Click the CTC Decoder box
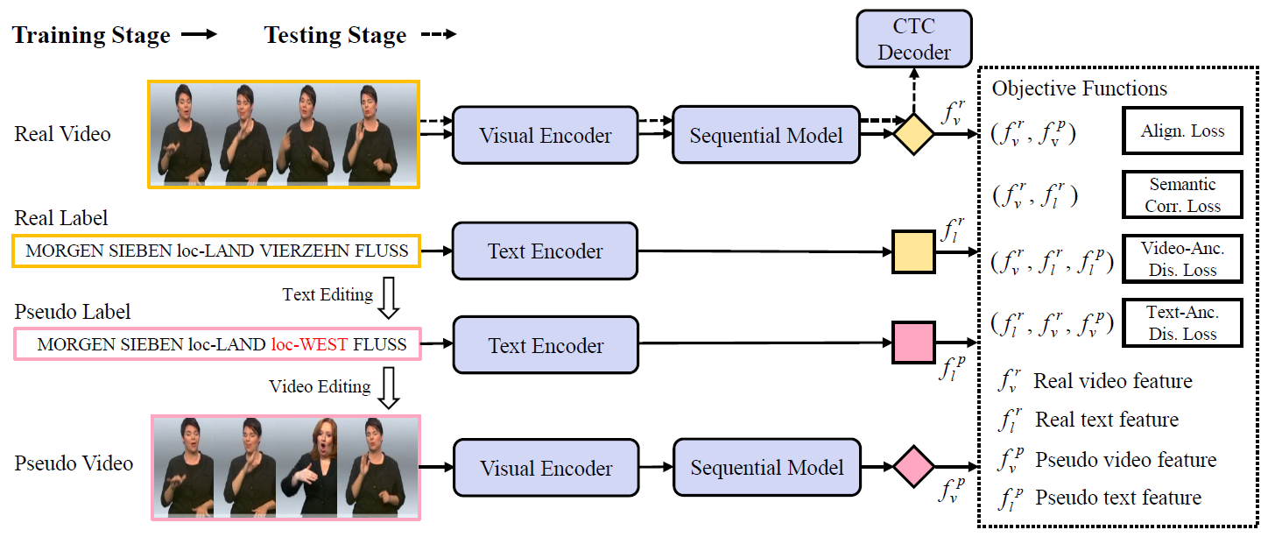[x=913, y=39]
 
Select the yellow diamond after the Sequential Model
[x=913, y=135]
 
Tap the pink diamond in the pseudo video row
[x=914, y=467]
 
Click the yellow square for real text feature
[x=913, y=251]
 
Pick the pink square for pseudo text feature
[x=914, y=343]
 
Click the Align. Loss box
[x=1182, y=131]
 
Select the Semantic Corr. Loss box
[x=1182, y=194]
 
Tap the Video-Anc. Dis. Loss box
[x=1182, y=258]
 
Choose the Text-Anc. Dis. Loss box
[x=1182, y=322]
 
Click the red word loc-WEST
[x=310, y=344]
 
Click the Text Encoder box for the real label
[x=545, y=251]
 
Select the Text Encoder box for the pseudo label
[x=545, y=345]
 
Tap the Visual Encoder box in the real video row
[x=545, y=136]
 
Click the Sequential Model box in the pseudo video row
[x=766, y=467]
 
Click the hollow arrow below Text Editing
[x=391, y=299]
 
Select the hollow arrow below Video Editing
[x=391, y=388]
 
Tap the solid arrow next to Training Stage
[x=199, y=36]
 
